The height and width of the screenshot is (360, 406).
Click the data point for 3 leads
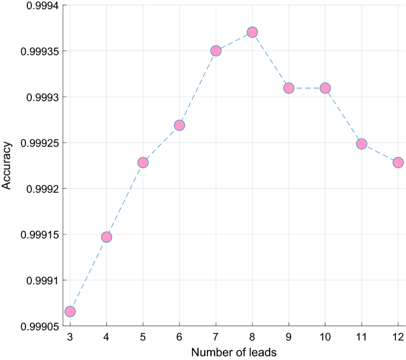(x=70, y=311)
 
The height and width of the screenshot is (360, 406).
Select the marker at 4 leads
(x=107, y=237)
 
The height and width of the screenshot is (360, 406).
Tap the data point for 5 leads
(x=143, y=163)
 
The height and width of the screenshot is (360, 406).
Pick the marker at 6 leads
(x=180, y=125)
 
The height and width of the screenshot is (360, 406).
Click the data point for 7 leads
(x=216, y=51)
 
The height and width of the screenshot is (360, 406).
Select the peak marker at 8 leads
(x=252, y=32)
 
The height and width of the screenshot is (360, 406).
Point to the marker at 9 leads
(x=289, y=88)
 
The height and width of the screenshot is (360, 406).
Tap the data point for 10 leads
(x=325, y=88)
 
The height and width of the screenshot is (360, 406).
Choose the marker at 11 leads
(x=362, y=144)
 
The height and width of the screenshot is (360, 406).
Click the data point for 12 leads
(x=398, y=163)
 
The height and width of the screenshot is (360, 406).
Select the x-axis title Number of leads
(x=234, y=352)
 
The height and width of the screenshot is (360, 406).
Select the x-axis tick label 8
(x=252, y=337)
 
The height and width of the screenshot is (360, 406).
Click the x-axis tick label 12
(x=398, y=337)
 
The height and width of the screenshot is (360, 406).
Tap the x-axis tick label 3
(x=70, y=337)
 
